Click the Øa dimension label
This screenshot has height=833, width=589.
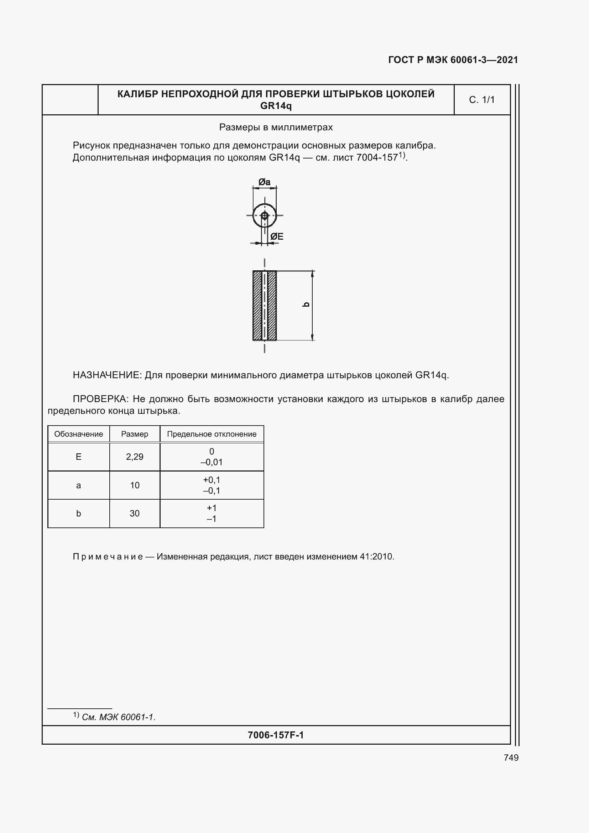point(264,182)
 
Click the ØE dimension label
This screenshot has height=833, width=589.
point(277,236)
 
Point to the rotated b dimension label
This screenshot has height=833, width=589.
point(306,304)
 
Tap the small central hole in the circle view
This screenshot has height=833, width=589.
point(264,215)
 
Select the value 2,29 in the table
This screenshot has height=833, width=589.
point(135,457)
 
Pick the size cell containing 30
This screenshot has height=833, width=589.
point(135,514)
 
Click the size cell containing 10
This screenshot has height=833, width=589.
point(135,485)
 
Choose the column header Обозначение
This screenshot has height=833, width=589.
point(78,434)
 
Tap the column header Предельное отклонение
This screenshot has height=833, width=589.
point(212,434)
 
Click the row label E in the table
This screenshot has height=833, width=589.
point(78,457)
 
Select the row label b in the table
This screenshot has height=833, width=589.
point(78,514)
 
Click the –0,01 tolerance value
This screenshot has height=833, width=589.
point(212,462)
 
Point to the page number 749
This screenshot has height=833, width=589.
point(511,757)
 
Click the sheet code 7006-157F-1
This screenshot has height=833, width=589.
point(276,735)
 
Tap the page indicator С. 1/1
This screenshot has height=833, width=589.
point(482,100)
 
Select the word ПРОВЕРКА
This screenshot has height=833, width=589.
point(100,399)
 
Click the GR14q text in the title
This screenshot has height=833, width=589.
point(276,106)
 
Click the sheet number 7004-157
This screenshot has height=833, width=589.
point(377,158)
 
